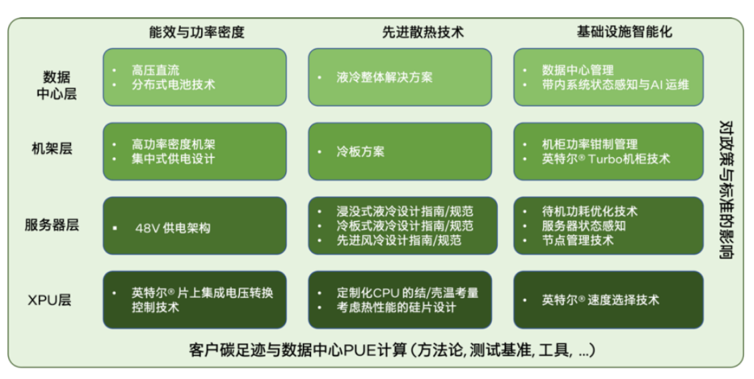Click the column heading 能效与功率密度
[x=196, y=31]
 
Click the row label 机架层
[x=52, y=149]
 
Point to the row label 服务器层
[x=52, y=224]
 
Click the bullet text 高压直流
[x=155, y=70]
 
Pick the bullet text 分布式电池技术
[x=174, y=84]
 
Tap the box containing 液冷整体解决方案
[x=401, y=77]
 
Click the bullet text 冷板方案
[x=361, y=151]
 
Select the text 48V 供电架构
[x=173, y=228]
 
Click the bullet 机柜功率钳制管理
[x=590, y=144]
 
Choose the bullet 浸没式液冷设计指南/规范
[x=405, y=211]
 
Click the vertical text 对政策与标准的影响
[x=725, y=189]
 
